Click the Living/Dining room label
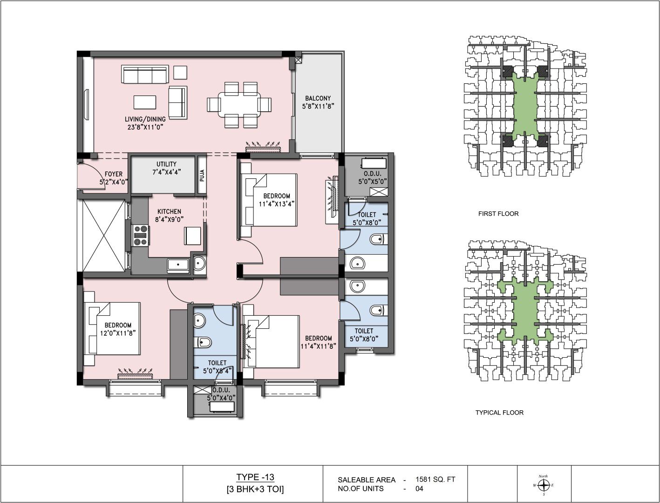(x=145, y=123)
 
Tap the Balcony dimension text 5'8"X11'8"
(x=318, y=106)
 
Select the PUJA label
(x=202, y=176)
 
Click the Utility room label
(x=166, y=168)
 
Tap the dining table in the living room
(x=239, y=105)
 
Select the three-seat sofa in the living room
(x=144, y=74)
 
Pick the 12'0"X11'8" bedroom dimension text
(x=118, y=333)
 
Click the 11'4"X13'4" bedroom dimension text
(x=276, y=204)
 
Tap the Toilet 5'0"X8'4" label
(x=217, y=367)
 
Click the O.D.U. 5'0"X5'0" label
(x=372, y=178)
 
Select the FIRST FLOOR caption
(x=498, y=214)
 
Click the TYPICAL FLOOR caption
(x=499, y=413)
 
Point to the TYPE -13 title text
(x=255, y=477)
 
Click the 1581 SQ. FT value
(x=435, y=479)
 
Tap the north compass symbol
(x=544, y=485)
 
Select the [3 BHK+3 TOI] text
(x=255, y=489)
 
